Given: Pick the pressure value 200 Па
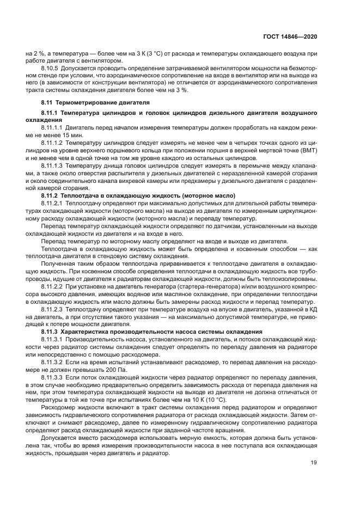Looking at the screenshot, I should point(112,369).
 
